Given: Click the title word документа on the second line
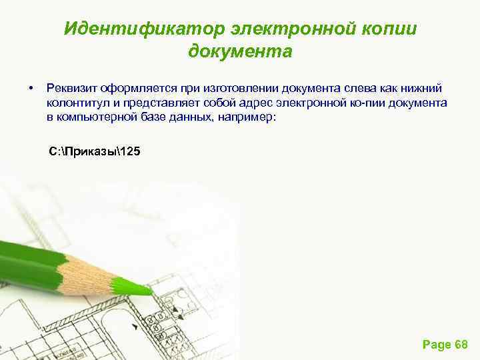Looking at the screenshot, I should tap(240, 51).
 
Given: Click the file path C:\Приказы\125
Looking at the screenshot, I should tap(95, 151).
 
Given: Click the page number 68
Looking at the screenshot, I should tap(461, 344).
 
